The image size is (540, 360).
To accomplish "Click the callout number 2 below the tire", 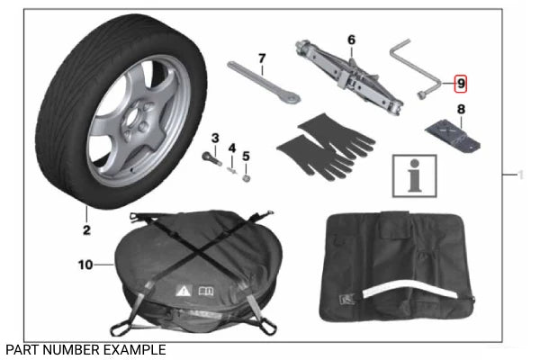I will point(86,230).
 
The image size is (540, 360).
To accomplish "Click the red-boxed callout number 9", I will point(461,84).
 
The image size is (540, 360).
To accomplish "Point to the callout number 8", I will point(461,111).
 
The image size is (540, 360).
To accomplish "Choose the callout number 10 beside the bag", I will point(85,265).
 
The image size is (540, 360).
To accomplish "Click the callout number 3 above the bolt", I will point(215,137).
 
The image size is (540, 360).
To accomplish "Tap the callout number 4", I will point(231,148).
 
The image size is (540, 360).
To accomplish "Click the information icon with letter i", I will point(414,173).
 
